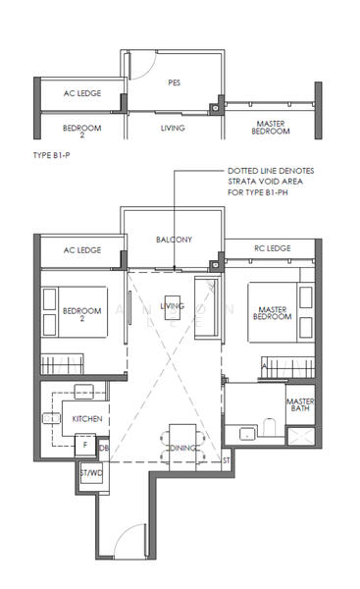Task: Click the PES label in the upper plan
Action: point(175,82)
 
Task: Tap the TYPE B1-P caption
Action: point(51,155)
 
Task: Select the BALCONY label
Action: point(175,240)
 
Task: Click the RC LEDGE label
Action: point(273,248)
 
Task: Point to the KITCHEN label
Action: point(87,419)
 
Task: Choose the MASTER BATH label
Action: point(300,404)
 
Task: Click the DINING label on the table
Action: point(182,448)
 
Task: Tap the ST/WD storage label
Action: point(91,473)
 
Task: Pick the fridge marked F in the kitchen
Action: point(85,445)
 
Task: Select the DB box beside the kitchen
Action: point(104,449)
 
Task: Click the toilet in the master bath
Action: point(269,427)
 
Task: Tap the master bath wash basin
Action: point(247,434)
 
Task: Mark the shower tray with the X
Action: point(301,436)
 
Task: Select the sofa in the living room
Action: point(208,307)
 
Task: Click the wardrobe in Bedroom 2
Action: point(62,363)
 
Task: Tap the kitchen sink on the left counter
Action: point(51,418)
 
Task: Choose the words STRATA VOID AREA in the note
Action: point(265,182)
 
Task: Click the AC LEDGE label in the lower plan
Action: point(82,250)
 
